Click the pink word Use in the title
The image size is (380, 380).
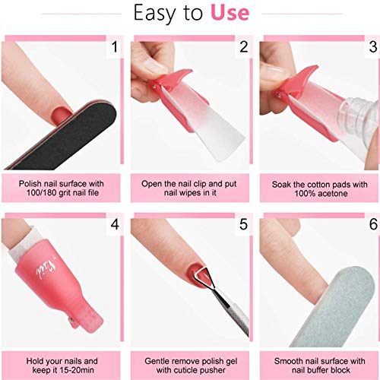tap(230, 13)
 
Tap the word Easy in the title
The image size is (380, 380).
tap(154, 14)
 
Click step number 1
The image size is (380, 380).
tap(115, 47)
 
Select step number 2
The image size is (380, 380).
tap(244, 47)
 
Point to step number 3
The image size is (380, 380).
tap(373, 47)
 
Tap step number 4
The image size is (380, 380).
tap(115, 224)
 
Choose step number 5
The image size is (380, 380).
tap(243, 224)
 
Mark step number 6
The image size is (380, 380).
tap(373, 224)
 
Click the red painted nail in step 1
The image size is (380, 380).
tap(61, 116)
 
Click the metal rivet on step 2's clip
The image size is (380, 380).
tap(154, 87)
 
